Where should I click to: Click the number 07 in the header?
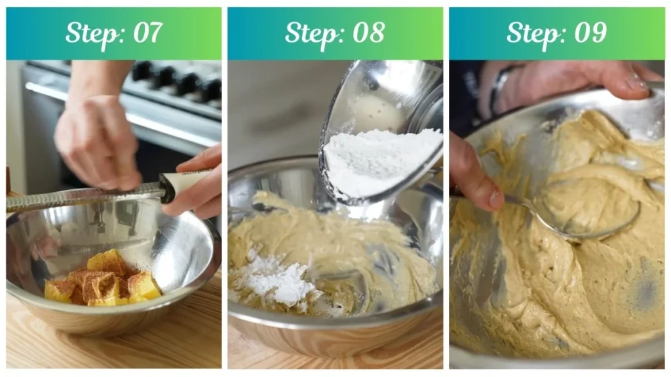point(147,33)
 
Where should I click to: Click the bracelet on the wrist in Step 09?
point(499,90)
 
